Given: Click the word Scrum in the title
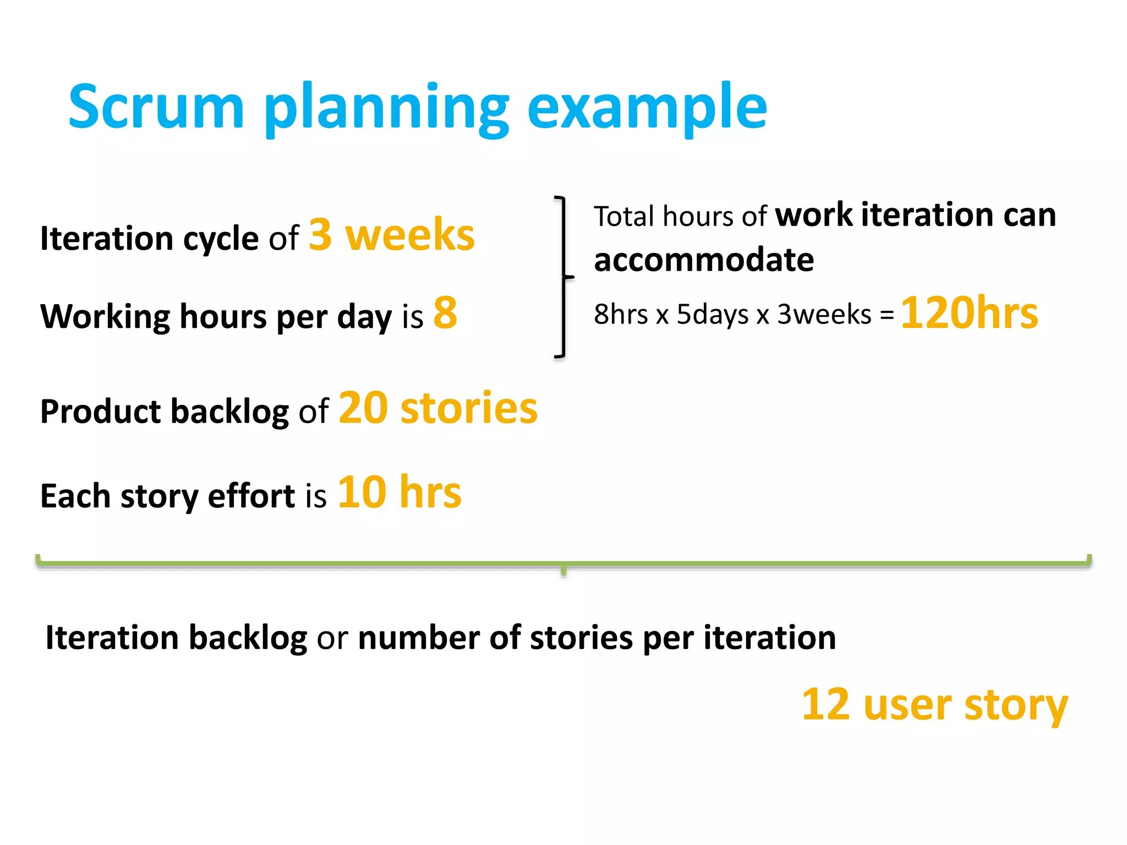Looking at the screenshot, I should coord(156,107).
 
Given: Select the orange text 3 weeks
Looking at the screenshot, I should coord(391,235).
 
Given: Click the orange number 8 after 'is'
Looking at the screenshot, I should coord(445,313).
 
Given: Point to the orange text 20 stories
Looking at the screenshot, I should coord(438,408).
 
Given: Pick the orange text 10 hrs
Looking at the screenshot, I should coord(400,492).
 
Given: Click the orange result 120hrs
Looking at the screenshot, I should coord(969,313).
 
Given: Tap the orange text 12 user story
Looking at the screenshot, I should coord(934,705).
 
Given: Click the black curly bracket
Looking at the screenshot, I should coord(562,277).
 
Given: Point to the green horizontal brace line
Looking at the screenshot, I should coord(563,563).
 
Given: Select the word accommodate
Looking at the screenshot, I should coord(704,260).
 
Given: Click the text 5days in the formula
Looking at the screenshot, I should coord(712,315).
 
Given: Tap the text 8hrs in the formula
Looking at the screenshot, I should coord(621,315).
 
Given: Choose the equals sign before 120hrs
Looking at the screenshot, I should coord(887,315).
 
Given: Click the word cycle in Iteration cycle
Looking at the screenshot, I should coord(221,239).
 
